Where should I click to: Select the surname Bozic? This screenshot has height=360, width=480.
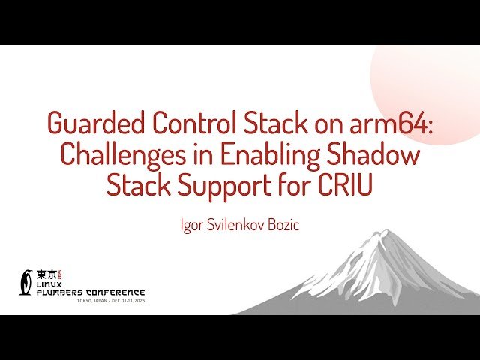282,224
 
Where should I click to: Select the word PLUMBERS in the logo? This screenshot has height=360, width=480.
60,292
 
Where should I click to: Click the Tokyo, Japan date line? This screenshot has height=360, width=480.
110,301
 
